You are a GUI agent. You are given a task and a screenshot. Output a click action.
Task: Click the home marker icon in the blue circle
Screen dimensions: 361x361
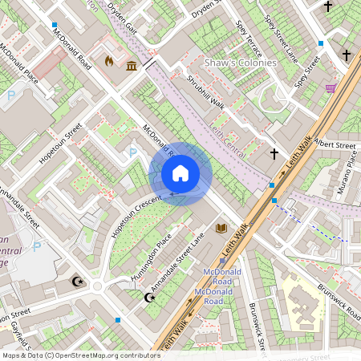(x=180, y=173)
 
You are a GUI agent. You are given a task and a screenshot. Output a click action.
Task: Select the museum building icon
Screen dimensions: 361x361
(x=131, y=65)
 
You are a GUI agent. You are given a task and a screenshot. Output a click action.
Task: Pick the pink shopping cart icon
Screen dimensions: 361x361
(x=331, y=88)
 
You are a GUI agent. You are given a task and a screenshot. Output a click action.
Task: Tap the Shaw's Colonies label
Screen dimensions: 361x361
(x=240, y=63)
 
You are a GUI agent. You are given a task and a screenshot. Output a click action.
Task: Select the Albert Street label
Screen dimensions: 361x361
(x=335, y=146)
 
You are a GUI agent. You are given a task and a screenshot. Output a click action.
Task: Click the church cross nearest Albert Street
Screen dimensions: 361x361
(x=274, y=152)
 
